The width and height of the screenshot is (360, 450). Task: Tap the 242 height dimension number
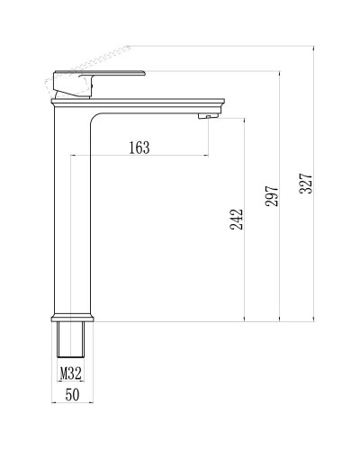(236, 220)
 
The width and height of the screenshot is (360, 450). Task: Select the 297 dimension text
(271, 190)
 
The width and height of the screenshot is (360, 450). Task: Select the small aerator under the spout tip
(207, 115)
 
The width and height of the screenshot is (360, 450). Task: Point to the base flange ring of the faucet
(72, 319)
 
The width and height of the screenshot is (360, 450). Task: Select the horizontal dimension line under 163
(139, 157)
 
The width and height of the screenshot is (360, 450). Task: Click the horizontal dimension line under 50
(71, 403)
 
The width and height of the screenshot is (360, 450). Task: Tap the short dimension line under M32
(71, 382)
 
